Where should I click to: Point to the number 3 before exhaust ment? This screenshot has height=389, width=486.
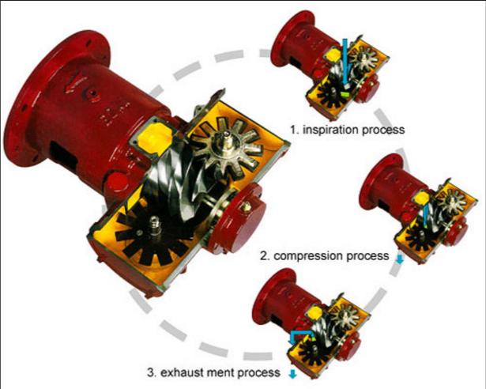coord(151,372)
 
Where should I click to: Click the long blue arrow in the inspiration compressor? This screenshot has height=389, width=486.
coord(347,59)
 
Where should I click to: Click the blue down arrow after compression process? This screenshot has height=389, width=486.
coord(398,258)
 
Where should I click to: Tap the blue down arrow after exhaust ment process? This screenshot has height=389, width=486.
coord(293,373)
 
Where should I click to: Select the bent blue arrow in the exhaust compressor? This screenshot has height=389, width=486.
coord(303,336)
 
